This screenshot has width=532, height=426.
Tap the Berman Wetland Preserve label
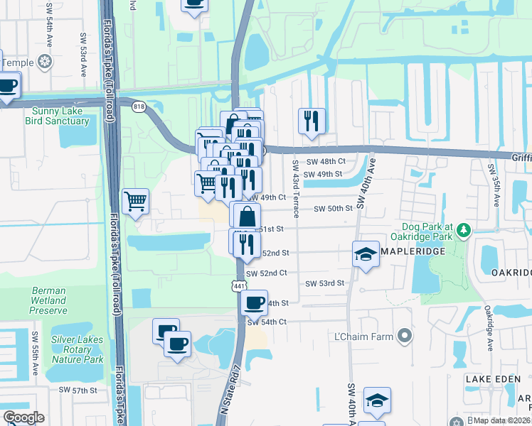[x=49, y=300]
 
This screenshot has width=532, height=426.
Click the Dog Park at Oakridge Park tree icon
[x=464, y=229]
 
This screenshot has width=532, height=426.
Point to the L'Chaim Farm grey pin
[x=405, y=334]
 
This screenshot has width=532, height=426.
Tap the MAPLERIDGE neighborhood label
[x=413, y=251]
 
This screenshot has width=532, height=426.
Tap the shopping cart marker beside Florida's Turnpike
[x=136, y=201]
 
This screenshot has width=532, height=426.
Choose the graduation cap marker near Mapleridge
[x=366, y=254]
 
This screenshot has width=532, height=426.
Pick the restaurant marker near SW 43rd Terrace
[x=312, y=121]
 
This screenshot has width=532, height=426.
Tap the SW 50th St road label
[x=334, y=208]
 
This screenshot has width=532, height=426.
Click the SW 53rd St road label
[x=325, y=283]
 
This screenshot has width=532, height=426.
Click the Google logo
[x=23, y=417]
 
